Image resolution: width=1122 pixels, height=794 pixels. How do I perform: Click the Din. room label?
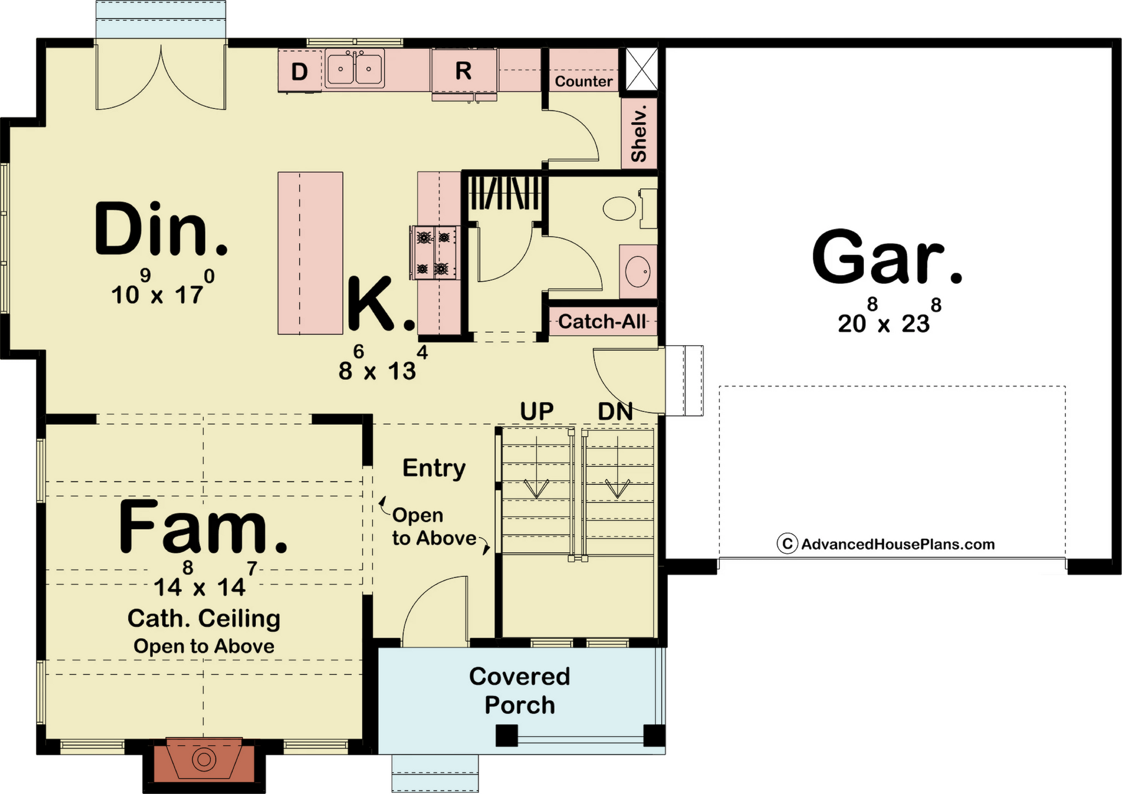161,229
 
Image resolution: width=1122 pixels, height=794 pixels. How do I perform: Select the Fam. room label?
203,526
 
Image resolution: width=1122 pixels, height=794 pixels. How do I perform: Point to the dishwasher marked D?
300,71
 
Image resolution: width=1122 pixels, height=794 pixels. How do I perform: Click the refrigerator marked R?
464,71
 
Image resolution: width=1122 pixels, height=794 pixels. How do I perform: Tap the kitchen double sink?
355,68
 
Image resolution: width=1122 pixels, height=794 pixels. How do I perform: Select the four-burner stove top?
435,253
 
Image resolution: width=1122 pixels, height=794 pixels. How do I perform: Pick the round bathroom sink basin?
638,272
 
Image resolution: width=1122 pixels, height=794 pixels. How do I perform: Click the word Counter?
583,81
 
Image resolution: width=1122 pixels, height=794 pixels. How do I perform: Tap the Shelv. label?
639,134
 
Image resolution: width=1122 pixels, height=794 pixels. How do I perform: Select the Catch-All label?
601,322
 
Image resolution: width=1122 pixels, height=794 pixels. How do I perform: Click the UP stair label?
537,411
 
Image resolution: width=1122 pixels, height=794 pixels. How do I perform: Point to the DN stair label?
615,411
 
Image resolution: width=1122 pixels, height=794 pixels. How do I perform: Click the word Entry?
434,468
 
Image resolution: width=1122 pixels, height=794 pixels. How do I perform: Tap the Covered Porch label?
519,691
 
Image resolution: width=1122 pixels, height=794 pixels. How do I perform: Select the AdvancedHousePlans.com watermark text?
898,544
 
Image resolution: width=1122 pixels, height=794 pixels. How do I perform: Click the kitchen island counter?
310,253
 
